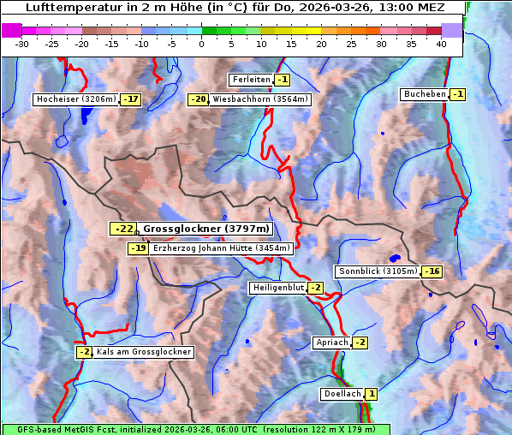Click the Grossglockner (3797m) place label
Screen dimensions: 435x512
205,229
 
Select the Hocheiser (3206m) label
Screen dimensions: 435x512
75,99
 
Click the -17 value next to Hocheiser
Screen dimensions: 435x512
130,99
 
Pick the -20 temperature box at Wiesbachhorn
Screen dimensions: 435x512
198,99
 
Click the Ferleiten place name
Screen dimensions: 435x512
251,80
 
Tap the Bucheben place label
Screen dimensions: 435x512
424,93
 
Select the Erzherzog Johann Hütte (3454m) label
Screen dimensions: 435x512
221,248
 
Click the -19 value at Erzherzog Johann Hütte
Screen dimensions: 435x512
138,248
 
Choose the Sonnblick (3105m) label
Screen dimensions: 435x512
378,271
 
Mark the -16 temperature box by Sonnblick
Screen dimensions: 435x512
432,271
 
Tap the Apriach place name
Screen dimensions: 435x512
331,343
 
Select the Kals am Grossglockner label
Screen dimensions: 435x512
143,352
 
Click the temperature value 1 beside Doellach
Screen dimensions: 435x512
372,394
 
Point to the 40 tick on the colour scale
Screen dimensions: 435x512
441,44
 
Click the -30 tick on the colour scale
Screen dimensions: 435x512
23,44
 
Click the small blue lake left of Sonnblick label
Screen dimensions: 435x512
394,257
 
